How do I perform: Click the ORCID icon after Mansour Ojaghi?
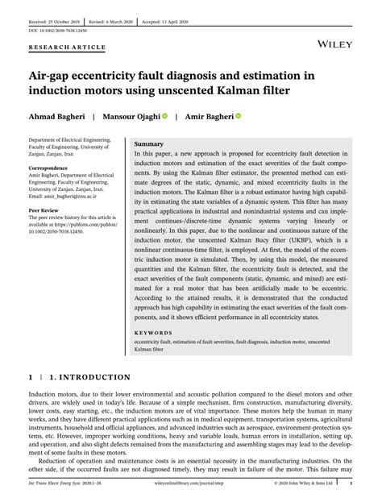point(164,116)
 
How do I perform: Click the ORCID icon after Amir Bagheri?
point(239,116)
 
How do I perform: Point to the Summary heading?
point(149,143)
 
